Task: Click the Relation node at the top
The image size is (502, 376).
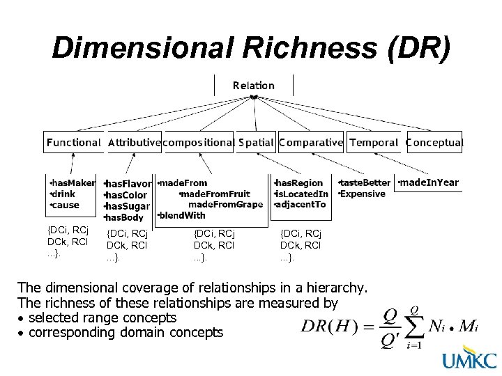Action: [x=254, y=86]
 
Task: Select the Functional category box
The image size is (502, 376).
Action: [x=73, y=142]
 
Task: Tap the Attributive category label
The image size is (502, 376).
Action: [x=134, y=143]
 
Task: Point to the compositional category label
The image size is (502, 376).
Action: [x=198, y=143]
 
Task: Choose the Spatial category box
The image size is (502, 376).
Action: [x=256, y=142]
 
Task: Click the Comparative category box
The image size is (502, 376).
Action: [x=311, y=142]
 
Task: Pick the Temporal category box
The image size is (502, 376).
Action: [x=374, y=142]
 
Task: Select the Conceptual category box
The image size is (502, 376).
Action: [x=434, y=142]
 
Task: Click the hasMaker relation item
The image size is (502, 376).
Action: [x=73, y=183]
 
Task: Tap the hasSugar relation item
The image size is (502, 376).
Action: [x=127, y=207]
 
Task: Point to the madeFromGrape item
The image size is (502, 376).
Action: [x=226, y=204]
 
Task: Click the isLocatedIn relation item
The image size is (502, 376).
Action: [x=302, y=194]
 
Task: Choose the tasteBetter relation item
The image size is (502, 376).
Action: [x=365, y=183]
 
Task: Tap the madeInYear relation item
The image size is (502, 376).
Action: [x=429, y=182]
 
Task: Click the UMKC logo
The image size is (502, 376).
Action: [x=469, y=360]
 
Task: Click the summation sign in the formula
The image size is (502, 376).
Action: [x=413, y=326]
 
